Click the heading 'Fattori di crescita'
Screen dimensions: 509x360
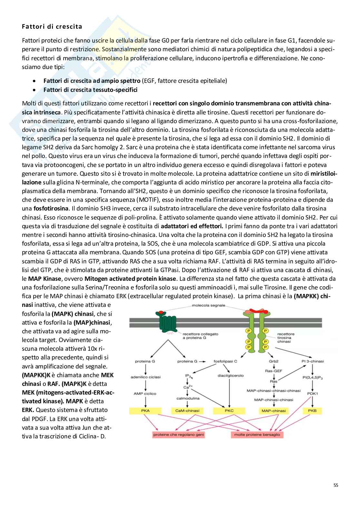click(52, 27)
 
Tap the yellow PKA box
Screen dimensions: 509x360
click(145, 411)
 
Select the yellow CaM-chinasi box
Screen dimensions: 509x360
click(187, 411)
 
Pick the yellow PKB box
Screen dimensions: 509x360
click(312, 411)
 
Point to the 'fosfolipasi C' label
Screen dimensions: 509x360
click(225, 361)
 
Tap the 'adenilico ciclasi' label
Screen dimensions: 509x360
click(145, 377)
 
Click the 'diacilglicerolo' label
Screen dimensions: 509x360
click(231, 376)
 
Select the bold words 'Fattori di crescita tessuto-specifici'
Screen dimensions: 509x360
click(90, 90)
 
